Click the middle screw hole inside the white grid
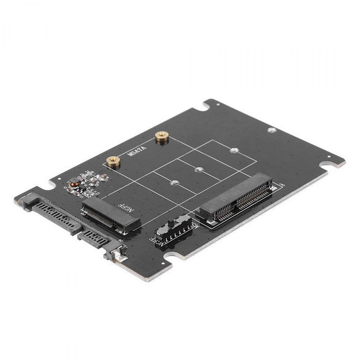pos(198,170)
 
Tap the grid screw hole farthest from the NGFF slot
pos(233,150)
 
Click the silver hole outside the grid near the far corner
pos(271,130)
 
